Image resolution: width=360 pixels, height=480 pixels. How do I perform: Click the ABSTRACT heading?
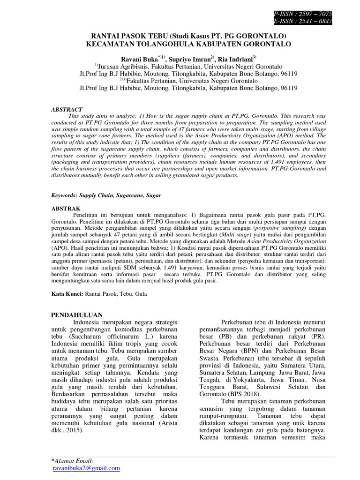[x=67, y=109]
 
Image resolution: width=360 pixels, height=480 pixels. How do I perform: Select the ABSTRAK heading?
[x=66, y=208]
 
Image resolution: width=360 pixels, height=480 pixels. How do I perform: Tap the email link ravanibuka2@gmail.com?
[x=86, y=468]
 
